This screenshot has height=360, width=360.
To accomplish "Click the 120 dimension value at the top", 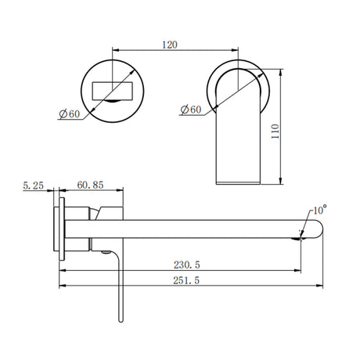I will click(169, 45).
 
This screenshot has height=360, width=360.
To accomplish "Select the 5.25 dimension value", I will click(32, 185).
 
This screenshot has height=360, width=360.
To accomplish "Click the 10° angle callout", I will click(319, 211).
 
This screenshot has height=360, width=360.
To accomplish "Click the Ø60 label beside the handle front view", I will click(70, 114).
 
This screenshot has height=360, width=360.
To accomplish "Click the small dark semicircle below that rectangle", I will click(115, 100).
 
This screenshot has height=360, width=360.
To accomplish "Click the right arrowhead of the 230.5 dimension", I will click(298, 272).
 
